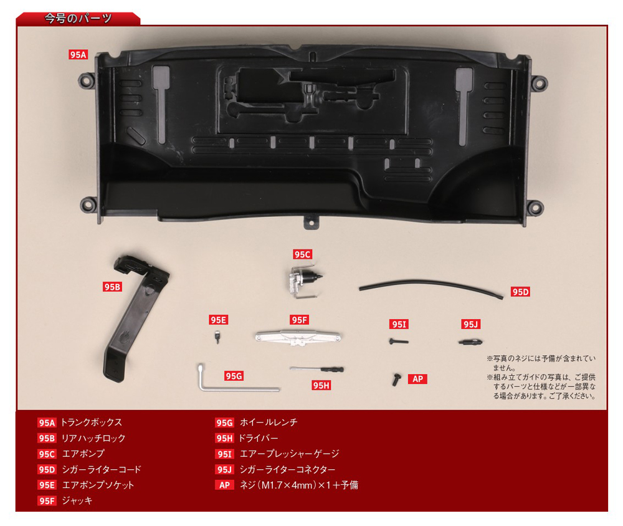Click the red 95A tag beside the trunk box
[78, 54]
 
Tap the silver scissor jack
[298, 338]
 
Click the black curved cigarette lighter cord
[431, 287]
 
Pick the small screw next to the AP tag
[396, 380]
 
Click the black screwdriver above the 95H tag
[317, 370]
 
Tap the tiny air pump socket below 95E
[217, 337]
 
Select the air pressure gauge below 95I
[399, 341]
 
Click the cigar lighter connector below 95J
[470, 342]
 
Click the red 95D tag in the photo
[520, 292]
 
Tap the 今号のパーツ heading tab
[78, 18]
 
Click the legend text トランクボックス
[92, 422]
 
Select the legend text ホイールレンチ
[269, 422]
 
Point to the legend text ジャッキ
[77, 500]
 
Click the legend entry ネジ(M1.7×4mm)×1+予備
[299, 485]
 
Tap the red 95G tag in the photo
[234, 376]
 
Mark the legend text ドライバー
[259, 438]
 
